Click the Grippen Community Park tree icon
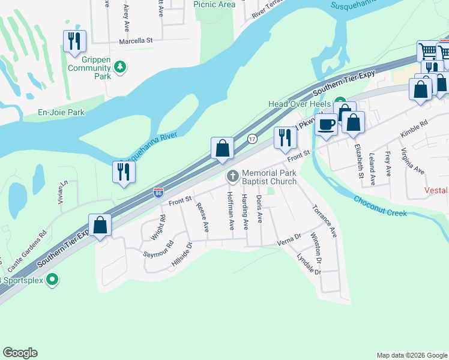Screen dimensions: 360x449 point(121,66)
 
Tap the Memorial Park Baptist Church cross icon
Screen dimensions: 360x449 point(232,176)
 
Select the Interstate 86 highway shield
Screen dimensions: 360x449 point(158,193)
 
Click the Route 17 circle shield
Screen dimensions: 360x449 point(253,139)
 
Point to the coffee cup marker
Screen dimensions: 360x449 point(326,125)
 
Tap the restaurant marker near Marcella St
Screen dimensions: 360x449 point(74,41)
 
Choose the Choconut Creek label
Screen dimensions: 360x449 point(380,205)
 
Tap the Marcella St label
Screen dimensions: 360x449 point(136,41)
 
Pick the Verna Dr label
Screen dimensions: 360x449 point(288,242)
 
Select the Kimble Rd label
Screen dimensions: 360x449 point(415,132)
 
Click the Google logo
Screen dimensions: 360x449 point(20,353)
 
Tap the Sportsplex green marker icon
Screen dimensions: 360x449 point(52,279)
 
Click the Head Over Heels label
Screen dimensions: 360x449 point(300,104)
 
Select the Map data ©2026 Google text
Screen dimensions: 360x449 point(411,355)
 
